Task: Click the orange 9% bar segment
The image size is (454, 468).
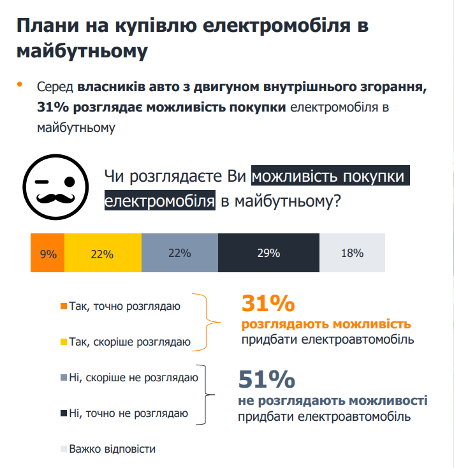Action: pyautogui.click(x=48, y=253)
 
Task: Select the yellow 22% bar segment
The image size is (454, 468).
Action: pyautogui.click(x=103, y=253)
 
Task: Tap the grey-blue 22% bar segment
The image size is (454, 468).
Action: pyautogui.click(x=179, y=253)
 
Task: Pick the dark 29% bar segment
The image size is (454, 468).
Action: pyautogui.click(x=268, y=253)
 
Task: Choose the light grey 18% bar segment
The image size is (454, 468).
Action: pyautogui.click(x=352, y=253)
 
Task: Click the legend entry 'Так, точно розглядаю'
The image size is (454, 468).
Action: pyautogui.click(x=121, y=306)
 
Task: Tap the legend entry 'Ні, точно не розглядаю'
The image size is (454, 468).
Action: pyautogui.click(x=124, y=414)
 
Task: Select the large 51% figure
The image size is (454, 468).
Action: pyautogui.click(x=267, y=379)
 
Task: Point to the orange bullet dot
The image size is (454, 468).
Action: pyautogui.click(x=20, y=84)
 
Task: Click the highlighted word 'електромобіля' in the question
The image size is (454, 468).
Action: pyautogui.click(x=160, y=201)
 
